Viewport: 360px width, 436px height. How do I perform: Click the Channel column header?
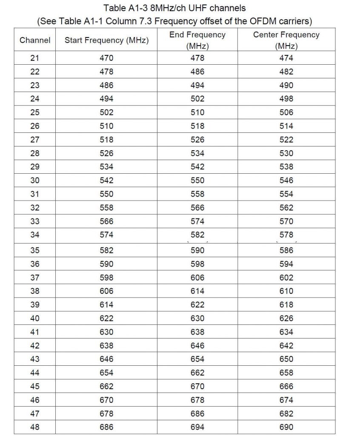[35, 40]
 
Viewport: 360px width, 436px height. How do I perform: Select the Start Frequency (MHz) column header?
[106, 40]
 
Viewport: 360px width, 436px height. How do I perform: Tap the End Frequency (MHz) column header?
[197, 40]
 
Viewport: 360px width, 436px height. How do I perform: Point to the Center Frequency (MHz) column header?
[286, 40]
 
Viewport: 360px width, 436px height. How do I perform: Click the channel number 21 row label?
[35, 58]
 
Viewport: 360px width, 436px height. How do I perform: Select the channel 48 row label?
[35, 427]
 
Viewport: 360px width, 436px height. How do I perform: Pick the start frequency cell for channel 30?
[106, 181]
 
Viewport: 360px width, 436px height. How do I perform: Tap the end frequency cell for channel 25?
[197, 112]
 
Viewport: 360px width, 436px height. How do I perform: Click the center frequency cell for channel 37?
[286, 278]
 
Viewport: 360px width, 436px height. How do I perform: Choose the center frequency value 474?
[286, 58]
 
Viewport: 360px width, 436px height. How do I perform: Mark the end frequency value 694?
[197, 427]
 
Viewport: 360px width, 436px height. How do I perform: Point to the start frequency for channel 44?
[106, 373]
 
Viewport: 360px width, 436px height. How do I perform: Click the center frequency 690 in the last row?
[286, 427]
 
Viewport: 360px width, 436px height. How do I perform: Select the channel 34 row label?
[35, 235]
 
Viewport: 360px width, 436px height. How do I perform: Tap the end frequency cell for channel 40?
[197, 318]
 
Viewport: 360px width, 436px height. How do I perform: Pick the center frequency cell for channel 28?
[286, 153]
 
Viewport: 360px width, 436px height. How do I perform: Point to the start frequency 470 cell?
[106, 58]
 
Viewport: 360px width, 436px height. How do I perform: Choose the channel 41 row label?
[35, 332]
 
